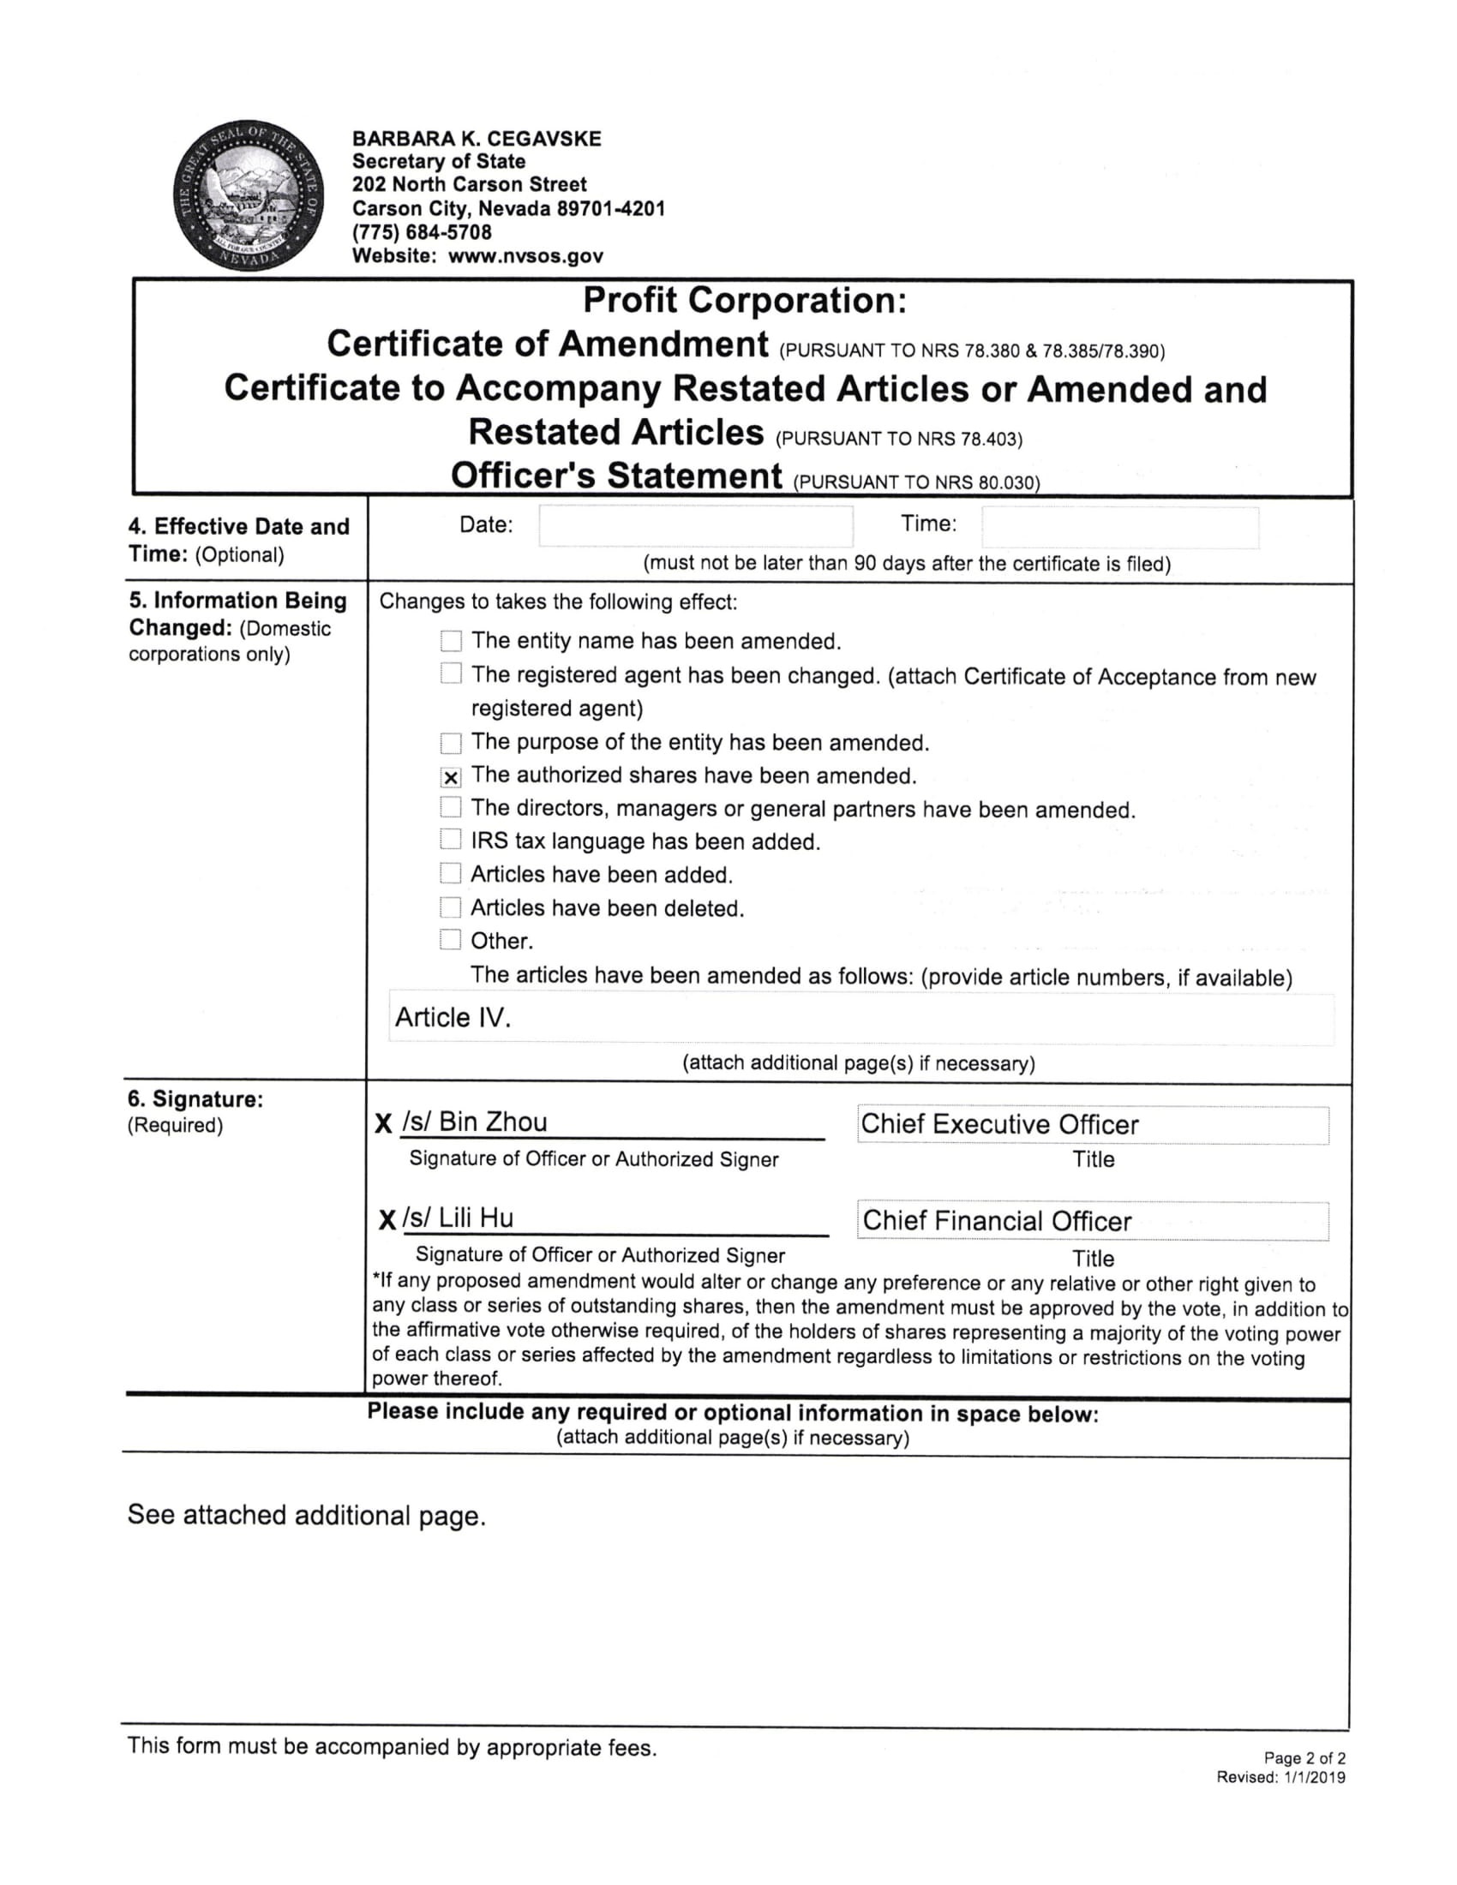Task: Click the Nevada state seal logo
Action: pyautogui.click(x=249, y=195)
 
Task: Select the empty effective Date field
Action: pyautogui.click(x=696, y=525)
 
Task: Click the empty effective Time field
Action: pyautogui.click(x=1119, y=527)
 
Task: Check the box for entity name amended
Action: pyautogui.click(x=451, y=641)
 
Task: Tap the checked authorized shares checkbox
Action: pyautogui.click(x=451, y=777)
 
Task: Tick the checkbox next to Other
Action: pyautogui.click(x=451, y=940)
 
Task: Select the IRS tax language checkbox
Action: pyautogui.click(x=451, y=840)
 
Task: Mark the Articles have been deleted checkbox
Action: pyautogui.click(x=451, y=907)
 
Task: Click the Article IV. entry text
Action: pyautogui.click(x=453, y=1018)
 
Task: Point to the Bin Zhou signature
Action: pyautogui.click(x=475, y=1122)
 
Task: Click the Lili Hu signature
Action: pyautogui.click(x=459, y=1218)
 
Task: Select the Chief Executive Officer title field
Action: pyautogui.click(x=1092, y=1125)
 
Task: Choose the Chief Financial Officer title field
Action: pyautogui.click(x=1092, y=1221)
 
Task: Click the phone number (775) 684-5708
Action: pyautogui.click(x=422, y=232)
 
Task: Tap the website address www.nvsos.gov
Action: pyautogui.click(x=525, y=255)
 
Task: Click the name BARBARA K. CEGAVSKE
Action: pyautogui.click(x=477, y=139)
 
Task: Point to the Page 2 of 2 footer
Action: pyautogui.click(x=1304, y=1758)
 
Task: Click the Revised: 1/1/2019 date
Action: pyautogui.click(x=1281, y=1777)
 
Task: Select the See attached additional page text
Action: pyautogui.click(x=307, y=1516)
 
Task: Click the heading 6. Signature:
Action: pyautogui.click(x=196, y=1098)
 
